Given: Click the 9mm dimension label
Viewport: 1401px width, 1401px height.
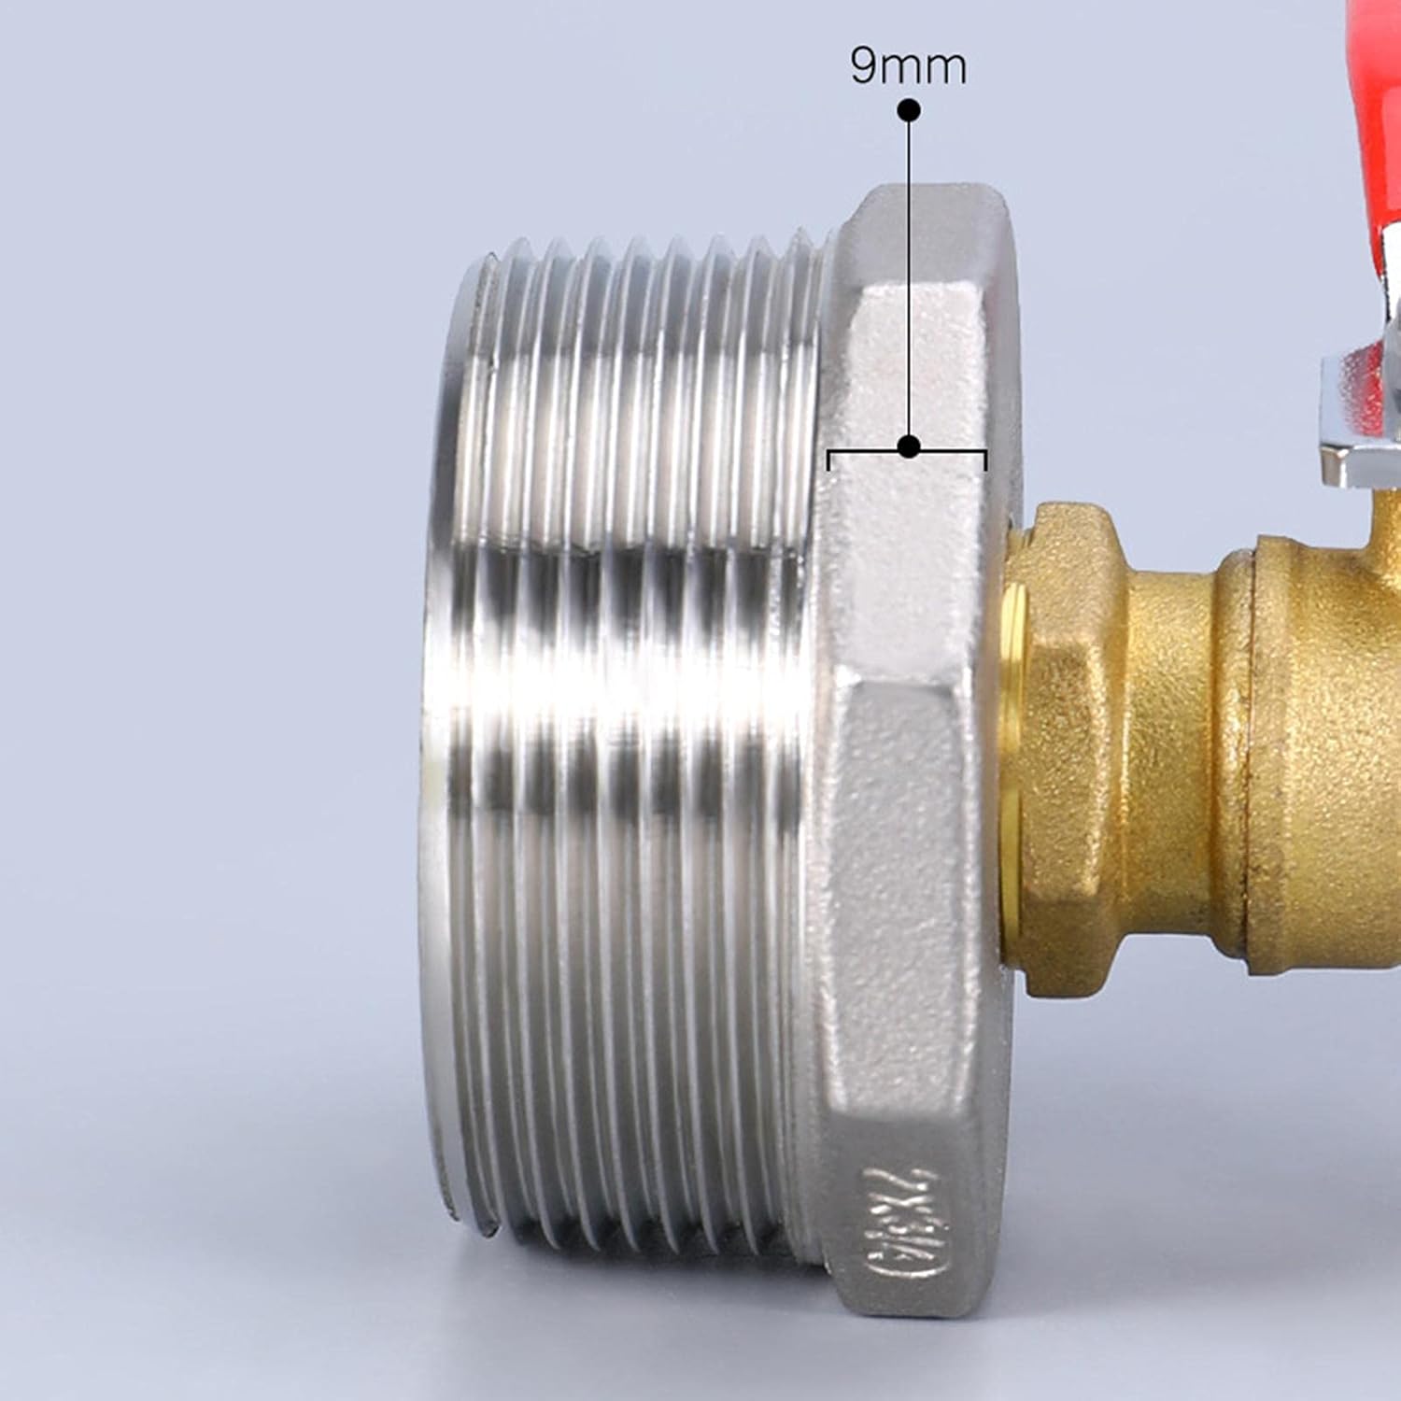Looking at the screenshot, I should [908, 66].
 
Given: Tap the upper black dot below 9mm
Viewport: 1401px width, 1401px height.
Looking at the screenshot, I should [909, 110].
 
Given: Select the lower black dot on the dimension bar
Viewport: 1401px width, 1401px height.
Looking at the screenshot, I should [909, 446].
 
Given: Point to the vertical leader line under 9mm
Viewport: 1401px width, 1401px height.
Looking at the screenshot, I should [909, 280].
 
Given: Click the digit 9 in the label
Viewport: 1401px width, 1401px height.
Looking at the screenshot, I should [864, 66].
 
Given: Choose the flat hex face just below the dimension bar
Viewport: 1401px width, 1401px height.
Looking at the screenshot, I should [906, 560].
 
